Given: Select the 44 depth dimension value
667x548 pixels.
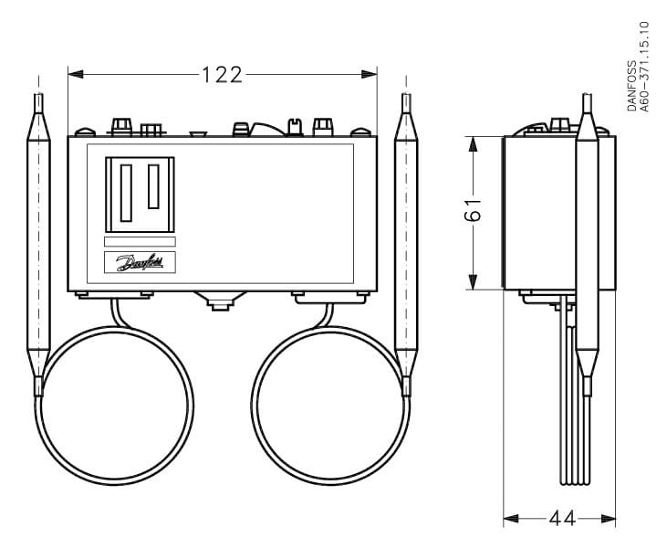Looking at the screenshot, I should (561, 519).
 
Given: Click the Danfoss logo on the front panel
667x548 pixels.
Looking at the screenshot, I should (140, 263).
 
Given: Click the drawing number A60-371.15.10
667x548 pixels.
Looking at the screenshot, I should (645, 68).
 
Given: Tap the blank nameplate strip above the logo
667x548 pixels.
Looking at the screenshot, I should (140, 242).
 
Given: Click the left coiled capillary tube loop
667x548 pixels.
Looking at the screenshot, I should (116, 406).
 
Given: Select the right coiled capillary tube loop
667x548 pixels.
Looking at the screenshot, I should (329, 406).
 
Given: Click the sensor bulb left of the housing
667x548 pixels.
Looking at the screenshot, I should (37, 242).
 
